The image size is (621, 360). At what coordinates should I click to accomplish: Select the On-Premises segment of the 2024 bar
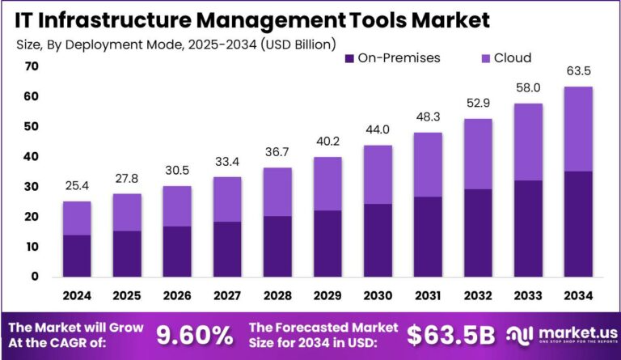[x=77, y=256]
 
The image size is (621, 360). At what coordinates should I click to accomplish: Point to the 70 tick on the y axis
[x=32, y=66]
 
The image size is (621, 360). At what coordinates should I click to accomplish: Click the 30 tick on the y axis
[x=32, y=187]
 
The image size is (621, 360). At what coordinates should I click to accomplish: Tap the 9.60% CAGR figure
[x=194, y=333]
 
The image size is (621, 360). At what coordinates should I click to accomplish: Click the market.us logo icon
[x=518, y=333]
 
